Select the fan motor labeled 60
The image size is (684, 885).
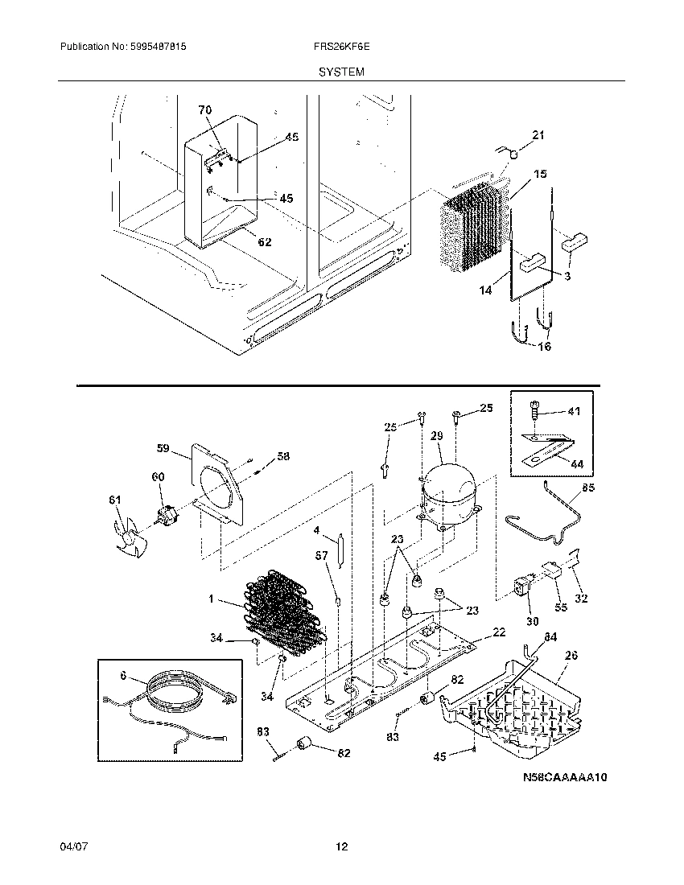point(168,515)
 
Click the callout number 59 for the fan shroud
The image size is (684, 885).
point(163,447)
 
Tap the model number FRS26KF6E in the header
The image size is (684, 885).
point(340,48)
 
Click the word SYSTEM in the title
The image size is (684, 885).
point(340,72)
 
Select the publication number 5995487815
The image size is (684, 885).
point(158,48)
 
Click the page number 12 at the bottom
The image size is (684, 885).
point(341,847)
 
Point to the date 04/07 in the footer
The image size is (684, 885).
point(71,847)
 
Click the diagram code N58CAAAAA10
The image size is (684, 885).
point(564,778)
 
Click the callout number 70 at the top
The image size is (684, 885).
point(204,109)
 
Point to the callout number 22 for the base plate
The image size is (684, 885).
point(499,633)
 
